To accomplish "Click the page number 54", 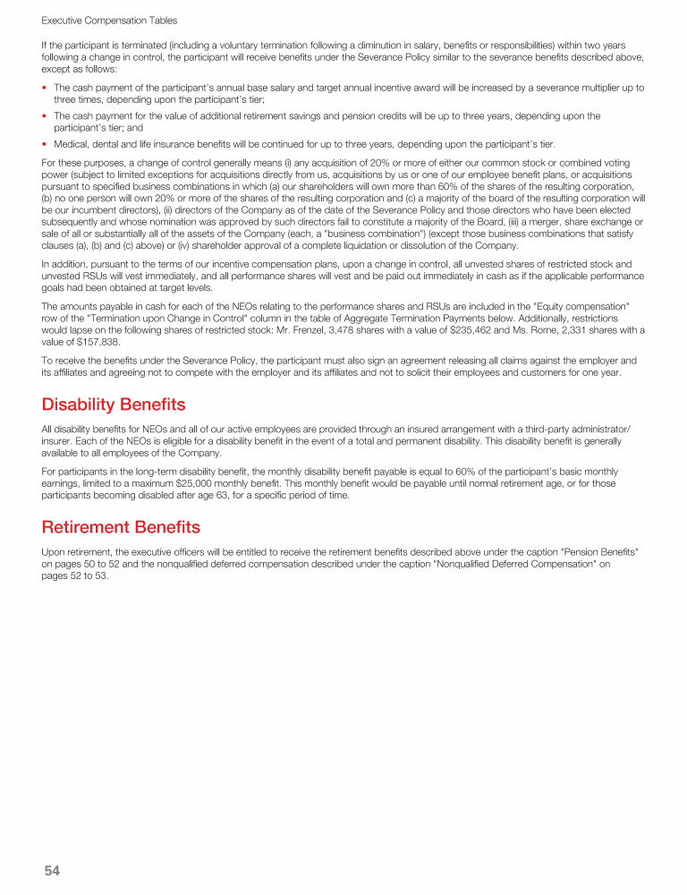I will pos(51,870).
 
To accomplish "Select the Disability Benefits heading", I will pos(114,405).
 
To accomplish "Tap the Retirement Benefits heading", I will pos(121,526).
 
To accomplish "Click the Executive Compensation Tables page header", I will pos(109,20).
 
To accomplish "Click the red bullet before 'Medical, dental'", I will pos(45,143).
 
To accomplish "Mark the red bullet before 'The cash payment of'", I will pos(45,88).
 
